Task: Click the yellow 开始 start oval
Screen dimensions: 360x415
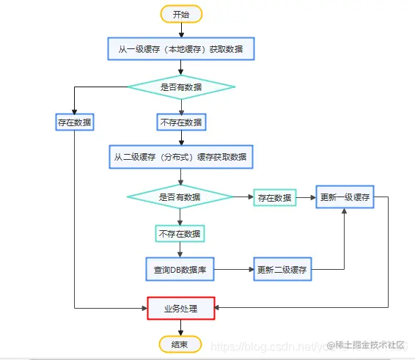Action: click(x=181, y=14)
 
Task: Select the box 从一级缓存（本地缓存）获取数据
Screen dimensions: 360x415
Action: click(x=181, y=50)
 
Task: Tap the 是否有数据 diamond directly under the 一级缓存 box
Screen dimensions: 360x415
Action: click(x=181, y=87)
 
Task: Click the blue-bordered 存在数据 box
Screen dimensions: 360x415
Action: click(x=75, y=122)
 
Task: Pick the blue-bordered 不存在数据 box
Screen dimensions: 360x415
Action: click(x=181, y=122)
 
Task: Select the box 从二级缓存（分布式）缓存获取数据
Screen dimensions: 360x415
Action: click(x=180, y=157)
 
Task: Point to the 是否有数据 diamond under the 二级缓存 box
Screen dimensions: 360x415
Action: click(x=180, y=196)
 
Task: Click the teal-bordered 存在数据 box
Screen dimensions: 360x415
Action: click(x=275, y=197)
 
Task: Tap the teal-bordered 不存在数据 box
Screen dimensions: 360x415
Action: click(x=180, y=234)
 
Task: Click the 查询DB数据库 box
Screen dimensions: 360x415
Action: click(x=180, y=270)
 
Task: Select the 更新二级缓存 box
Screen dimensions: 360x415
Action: click(x=282, y=270)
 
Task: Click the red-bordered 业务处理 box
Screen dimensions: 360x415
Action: click(x=180, y=308)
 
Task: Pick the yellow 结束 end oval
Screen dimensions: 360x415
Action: click(x=180, y=343)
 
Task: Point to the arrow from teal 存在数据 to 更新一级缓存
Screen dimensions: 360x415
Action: click(x=306, y=197)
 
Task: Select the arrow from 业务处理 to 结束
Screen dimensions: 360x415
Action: click(x=180, y=327)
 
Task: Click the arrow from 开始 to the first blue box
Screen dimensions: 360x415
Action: click(x=181, y=30)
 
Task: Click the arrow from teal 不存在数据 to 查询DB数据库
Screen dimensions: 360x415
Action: click(x=180, y=249)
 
